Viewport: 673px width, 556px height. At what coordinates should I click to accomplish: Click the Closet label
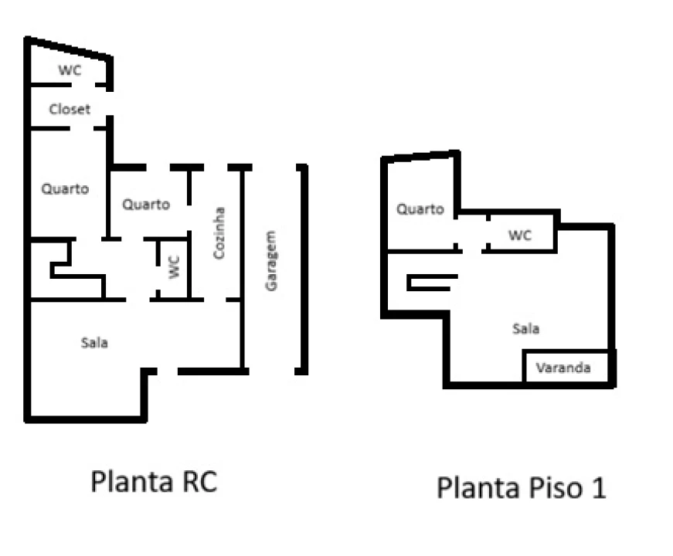tap(70, 110)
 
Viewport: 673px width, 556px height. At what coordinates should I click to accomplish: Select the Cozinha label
tap(219, 233)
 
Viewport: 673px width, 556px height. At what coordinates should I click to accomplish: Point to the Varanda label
tap(563, 368)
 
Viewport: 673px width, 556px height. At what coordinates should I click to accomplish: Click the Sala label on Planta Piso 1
tap(525, 329)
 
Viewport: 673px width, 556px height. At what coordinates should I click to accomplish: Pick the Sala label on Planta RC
tap(94, 342)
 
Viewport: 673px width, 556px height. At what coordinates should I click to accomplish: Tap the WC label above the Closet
tap(70, 70)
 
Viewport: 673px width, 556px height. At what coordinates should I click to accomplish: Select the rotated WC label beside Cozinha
tap(175, 267)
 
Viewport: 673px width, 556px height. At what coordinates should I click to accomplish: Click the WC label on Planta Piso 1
tap(520, 235)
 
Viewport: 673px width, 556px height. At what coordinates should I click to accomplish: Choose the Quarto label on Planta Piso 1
tap(420, 209)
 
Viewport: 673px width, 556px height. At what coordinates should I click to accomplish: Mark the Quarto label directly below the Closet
tap(65, 188)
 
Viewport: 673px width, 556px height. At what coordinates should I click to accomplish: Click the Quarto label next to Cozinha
tap(146, 204)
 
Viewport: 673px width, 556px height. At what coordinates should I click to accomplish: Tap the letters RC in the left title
tap(200, 481)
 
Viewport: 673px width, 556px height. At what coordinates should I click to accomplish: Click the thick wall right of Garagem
tap(304, 269)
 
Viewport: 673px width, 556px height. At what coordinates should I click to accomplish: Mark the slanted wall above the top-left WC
tap(69, 48)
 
